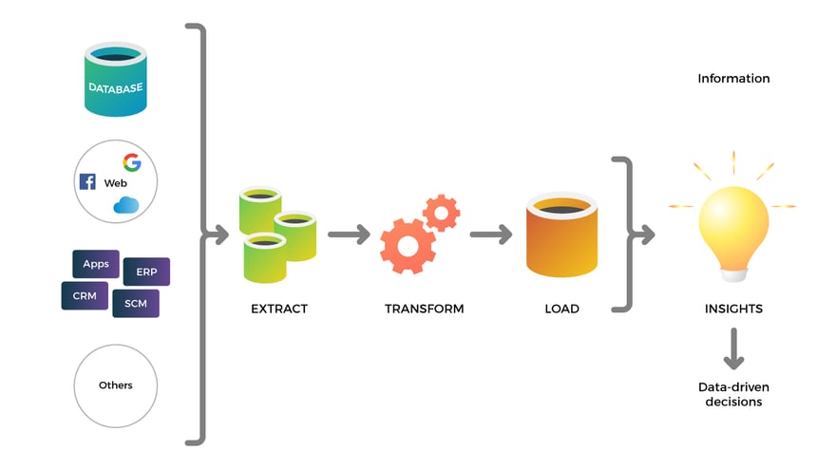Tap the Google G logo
132,161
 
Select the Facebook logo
87,181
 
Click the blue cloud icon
126,204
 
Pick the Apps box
96,264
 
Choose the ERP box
146,272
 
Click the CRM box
85,295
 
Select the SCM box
135,303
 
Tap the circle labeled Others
116,385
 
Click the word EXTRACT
278,309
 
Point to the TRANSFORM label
424,309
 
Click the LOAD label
561,309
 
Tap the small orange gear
441,212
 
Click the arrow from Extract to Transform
349,234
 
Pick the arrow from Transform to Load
491,234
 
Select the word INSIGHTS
733,309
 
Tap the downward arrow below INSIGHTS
733,348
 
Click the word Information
733,79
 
